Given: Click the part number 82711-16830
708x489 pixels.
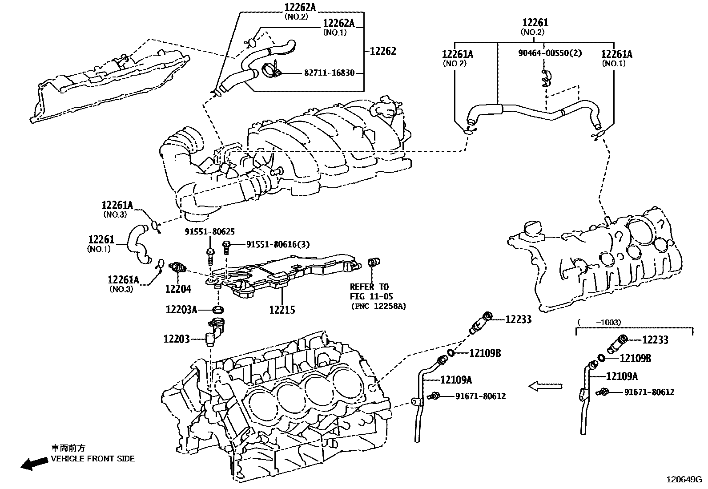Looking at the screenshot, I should tap(329, 73).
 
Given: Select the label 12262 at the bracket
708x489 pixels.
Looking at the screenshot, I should tap(382, 51).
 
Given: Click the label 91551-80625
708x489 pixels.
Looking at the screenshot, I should tap(210, 232).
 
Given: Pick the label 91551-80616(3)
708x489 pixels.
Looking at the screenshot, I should tap(278, 244).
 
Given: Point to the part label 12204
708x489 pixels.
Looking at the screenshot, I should tap(178, 289).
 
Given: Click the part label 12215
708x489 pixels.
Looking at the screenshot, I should tap(282, 310).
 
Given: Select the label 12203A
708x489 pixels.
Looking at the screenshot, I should tap(181, 309).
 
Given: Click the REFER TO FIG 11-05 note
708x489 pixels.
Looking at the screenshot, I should tap(369, 291).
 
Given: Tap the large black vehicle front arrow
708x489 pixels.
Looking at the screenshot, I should tap(34, 463).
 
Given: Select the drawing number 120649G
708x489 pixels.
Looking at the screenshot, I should tap(683, 480).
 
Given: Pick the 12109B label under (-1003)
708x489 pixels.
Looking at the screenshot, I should tap(635, 358).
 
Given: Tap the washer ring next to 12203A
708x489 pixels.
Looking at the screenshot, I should tap(218, 309).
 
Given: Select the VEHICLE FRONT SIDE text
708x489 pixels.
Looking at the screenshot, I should tap(93, 458).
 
